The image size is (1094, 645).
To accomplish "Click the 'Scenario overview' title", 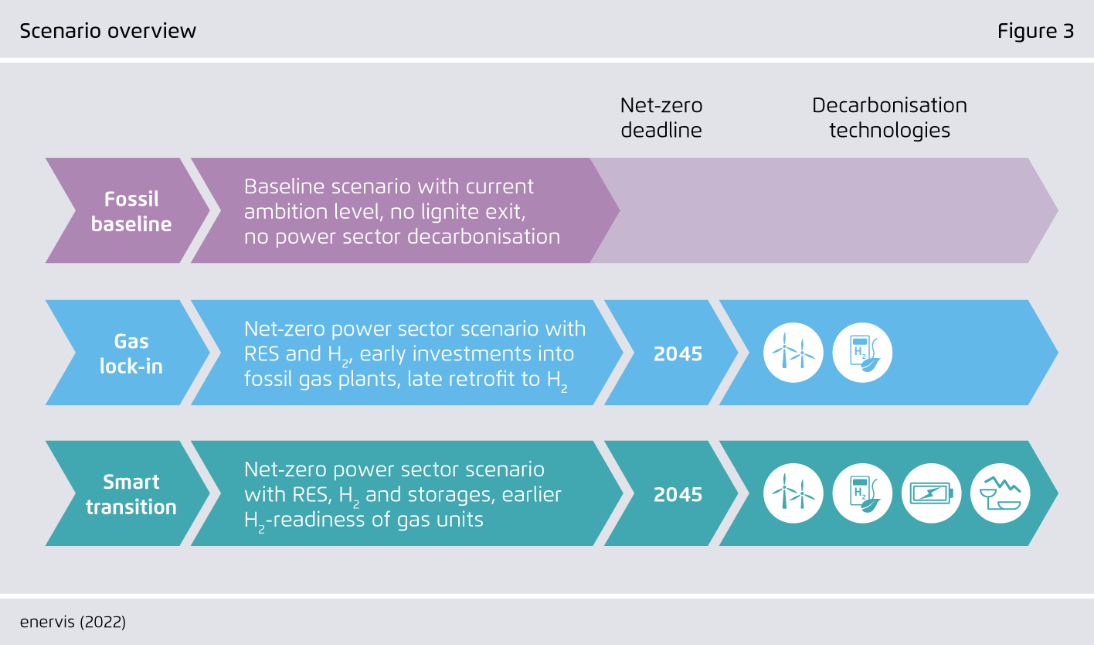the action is pos(108,31).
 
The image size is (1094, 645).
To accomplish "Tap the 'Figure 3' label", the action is pos(1035,31).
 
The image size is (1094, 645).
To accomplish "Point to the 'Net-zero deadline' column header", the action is pos(661,118).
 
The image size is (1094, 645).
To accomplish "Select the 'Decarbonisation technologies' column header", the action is pos(889,118).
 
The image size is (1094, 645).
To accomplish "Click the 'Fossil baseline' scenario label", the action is pos(131,211).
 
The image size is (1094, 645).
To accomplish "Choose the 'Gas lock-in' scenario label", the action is pos(131,353).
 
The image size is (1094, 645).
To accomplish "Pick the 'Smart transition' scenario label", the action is pos(131,494).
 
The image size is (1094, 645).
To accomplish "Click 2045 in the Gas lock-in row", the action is pos(678,354).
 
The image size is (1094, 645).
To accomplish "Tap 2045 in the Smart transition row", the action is pos(678,495).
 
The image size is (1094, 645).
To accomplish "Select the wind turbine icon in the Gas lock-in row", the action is pos(793,353).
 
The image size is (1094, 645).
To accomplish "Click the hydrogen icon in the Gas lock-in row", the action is pos(862,353).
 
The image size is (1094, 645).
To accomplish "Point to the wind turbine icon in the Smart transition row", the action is pos(793,493).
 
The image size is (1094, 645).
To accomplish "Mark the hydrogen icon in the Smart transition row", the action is pos(862,493).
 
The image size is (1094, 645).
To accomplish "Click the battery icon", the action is pos(931,493).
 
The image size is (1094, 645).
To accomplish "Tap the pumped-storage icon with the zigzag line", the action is pos(1001,493).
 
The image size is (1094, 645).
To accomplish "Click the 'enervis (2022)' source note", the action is pos(73,622).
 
